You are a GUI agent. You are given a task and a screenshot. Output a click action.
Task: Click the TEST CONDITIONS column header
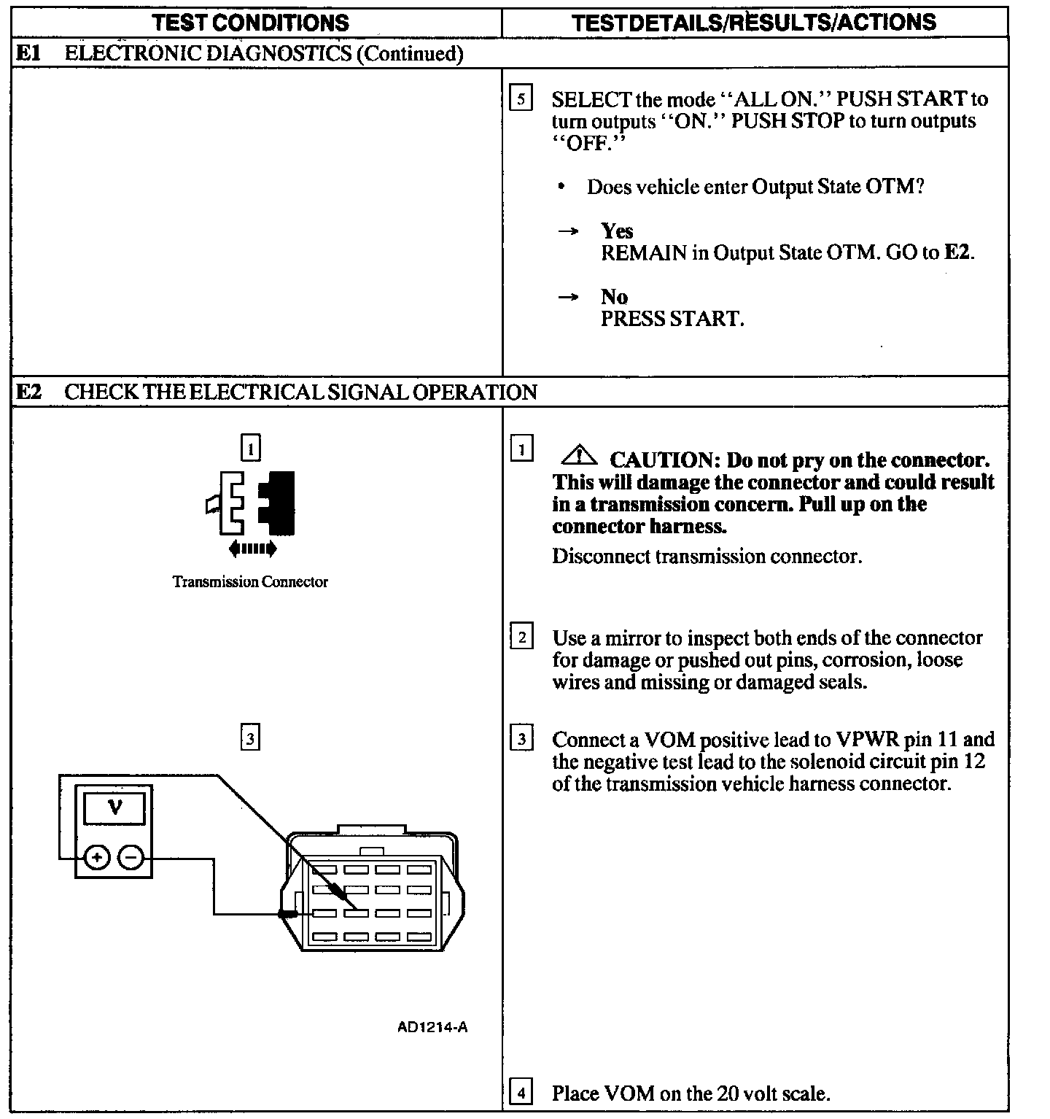click(x=251, y=22)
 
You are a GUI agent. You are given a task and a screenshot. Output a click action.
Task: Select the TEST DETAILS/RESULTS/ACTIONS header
click(x=754, y=22)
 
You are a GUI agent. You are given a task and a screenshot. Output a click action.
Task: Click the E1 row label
click(x=28, y=53)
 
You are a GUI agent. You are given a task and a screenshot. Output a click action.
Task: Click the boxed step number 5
click(x=521, y=98)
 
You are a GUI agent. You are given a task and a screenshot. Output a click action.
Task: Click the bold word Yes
click(x=617, y=231)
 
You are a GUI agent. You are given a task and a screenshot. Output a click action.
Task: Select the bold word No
click(x=614, y=297)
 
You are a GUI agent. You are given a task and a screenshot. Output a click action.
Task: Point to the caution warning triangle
click(x=579, y=457)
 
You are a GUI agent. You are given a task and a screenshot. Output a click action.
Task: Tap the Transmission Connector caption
click(x=250, y=581)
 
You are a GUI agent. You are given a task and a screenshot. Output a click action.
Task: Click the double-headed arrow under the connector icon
click(x=252, y=549)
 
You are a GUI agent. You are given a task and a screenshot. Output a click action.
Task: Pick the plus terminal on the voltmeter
click(x=96, y=857)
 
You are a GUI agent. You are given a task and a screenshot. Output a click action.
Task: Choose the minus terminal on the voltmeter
click(x=131, y=857)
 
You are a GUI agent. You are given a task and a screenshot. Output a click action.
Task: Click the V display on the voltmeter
click(x=114, y=808)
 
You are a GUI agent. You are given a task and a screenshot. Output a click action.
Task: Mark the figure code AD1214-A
click(x=432, y=1027)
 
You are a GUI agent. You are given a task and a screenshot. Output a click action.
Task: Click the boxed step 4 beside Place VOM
click(x=521, y=1093)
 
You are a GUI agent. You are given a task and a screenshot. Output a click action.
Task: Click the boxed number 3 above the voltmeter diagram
click(x=250, y=739)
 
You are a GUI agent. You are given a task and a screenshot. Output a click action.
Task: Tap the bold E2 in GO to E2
click(x=958, y=253)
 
